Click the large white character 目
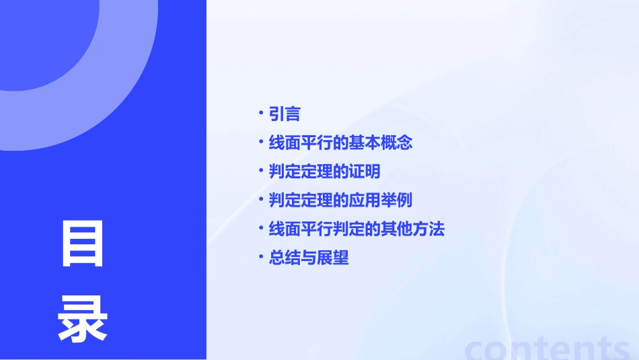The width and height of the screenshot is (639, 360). [x=83, y=244]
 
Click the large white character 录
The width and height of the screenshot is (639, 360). [x=83, y=319]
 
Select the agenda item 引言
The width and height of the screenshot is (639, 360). [x=285, y=114]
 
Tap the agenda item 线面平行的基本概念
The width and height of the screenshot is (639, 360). [x=340, y=143]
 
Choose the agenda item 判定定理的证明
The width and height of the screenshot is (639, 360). [x=324, y=172]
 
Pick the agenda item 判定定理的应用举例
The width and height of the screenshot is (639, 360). [x=340, y=201]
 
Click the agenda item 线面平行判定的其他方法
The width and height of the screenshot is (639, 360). [x=356, y=229]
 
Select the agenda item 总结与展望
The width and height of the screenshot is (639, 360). [x=309, y=258]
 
